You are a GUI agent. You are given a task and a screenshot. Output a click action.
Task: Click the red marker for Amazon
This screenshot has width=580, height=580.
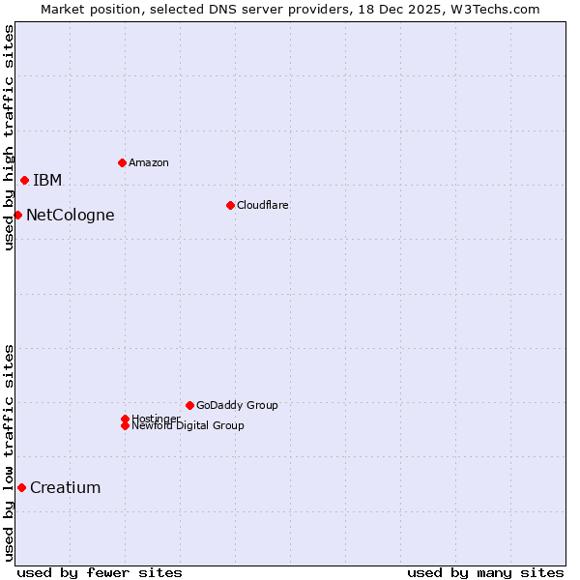coord(122,162)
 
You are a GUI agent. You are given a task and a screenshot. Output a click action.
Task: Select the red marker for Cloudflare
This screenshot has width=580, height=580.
coord(230,205)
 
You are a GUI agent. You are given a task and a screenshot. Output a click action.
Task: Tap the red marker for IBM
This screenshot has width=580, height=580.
coord(24,180)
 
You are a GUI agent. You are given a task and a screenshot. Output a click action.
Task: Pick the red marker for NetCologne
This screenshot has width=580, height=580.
coord(17,215)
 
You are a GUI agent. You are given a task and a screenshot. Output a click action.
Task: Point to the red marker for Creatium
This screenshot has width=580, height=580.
coord(21,487)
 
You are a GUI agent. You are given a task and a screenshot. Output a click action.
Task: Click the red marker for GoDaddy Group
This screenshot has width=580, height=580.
coord(189,405)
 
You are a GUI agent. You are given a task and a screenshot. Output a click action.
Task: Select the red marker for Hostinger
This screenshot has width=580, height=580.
coord(125,419)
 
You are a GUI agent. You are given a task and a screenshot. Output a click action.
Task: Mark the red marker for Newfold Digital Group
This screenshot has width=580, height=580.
coord(125,425)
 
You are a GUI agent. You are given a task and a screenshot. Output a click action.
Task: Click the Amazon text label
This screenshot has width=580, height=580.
coord(149,162)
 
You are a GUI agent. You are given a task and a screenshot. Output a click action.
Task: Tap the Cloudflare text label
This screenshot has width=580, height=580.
coord(263,205)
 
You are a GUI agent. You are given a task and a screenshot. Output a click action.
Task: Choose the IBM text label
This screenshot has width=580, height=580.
coord(47,180)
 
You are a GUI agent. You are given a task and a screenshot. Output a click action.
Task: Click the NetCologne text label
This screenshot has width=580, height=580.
coord(71,215)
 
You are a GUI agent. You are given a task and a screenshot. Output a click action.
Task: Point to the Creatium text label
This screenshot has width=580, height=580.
coord(66,487)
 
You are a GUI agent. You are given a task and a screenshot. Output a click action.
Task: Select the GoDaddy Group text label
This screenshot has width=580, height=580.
coord(237,405)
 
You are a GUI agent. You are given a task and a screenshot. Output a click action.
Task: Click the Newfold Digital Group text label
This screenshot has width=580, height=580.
coord(188,426)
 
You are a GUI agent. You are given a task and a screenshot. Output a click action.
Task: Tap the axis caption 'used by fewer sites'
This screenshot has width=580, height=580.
coord(100,572)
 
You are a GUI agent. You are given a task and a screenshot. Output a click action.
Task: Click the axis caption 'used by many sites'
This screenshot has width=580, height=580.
coord(485,572)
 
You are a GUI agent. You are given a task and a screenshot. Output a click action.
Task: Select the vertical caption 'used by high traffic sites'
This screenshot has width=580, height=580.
coord(9,137)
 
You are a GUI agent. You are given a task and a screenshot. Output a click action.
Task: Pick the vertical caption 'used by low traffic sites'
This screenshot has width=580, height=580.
coord(9,451)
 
